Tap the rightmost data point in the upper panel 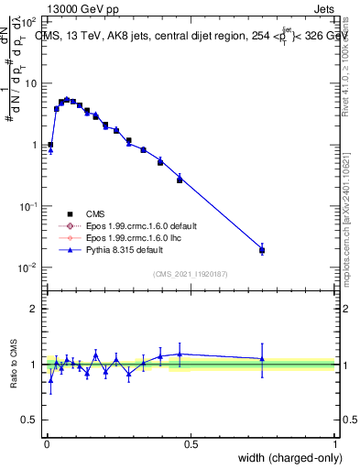tap(262, 250)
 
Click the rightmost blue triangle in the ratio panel tap(262, 358)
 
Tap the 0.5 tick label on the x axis tap(190, 444)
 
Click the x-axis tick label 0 tap(46, 444)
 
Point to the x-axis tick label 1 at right tap(334, 444)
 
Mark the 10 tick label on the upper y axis tap(30, 83)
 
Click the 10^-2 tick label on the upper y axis tap(29, 267)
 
